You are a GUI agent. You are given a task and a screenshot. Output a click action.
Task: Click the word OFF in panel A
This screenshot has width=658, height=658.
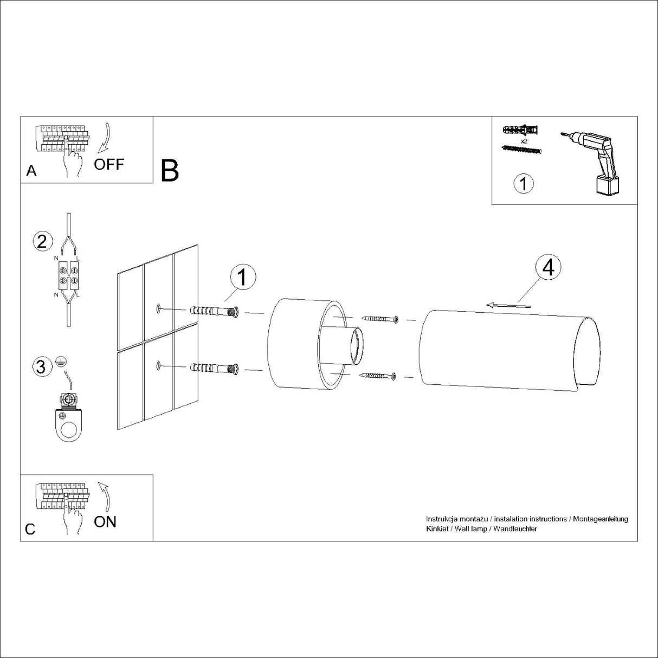(x=109, y=164)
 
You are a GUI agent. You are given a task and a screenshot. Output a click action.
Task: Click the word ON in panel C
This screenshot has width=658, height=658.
(x=105, y=521)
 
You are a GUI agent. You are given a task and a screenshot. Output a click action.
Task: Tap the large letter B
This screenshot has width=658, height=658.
(x=170, y=170)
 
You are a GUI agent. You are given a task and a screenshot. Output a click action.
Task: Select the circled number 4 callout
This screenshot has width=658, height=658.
(x=548, y=268)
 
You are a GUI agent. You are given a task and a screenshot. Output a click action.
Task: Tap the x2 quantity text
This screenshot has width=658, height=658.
(x=524, y=140)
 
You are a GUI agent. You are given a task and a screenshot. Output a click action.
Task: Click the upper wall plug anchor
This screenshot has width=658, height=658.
(x=214, y=312)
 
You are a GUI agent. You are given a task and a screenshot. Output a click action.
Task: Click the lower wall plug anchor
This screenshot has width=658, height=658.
(x=214, y=369)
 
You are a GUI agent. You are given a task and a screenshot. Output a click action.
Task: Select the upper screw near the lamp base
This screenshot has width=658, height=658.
(x=382, y=319)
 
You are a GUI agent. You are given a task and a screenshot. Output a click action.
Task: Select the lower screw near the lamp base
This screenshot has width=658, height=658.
(x=382, y=375)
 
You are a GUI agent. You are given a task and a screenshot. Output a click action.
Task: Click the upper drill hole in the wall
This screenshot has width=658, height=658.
(x=158, y=309)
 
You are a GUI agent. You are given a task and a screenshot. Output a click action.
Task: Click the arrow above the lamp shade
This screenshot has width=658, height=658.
(x=508, y=306)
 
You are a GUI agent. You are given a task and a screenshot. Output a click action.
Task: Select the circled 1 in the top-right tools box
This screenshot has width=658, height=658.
(x=523, y=183)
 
